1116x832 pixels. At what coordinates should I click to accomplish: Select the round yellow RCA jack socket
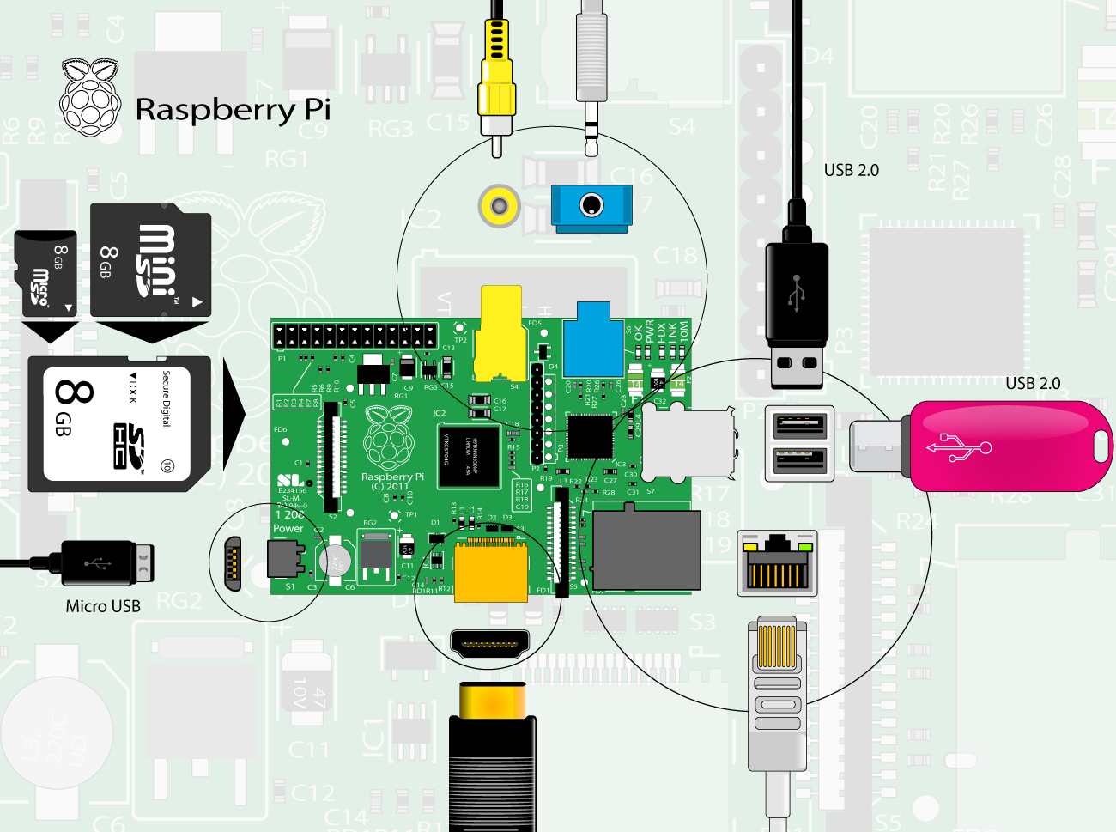[x=499, y=206]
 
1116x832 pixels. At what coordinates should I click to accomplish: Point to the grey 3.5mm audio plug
[x=591, y=69]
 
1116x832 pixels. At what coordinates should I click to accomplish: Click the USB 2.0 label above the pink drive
[x=1033, y=384]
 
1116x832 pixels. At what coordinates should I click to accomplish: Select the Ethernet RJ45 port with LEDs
[x=777, y=563]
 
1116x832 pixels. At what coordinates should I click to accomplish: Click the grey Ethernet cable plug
[x=777, y=687]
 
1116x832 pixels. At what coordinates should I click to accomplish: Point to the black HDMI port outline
[x=489, y=643]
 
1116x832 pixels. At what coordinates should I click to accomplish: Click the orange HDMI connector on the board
[x=490, y=571]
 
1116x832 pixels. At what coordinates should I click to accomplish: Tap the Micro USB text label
[x=103, y=606]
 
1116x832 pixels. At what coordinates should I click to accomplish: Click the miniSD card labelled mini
[x=150, y=260]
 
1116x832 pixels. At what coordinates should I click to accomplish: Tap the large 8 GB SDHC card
[x=119, y=424]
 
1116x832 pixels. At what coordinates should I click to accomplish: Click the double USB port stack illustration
[x=799, y=443]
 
